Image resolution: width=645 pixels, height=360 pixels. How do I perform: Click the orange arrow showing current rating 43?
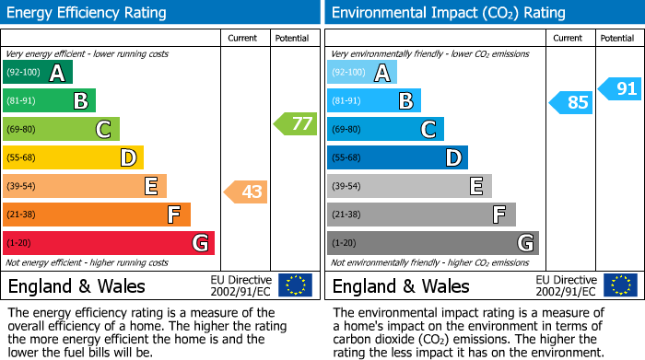[246, 192]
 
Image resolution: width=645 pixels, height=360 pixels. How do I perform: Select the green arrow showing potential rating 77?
[295, 123]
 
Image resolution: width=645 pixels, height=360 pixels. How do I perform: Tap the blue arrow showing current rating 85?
[571, 101]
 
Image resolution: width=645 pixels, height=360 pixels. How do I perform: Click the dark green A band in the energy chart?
[38, 73]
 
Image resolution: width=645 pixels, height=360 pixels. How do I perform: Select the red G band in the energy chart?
[109, 243]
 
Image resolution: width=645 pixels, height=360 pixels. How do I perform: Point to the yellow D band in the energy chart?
[73, 157]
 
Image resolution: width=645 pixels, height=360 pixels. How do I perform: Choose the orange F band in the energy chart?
[97, 215]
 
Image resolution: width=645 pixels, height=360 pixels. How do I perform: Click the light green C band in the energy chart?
[61, 129]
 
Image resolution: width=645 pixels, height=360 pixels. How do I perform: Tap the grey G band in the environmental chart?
[432, 243]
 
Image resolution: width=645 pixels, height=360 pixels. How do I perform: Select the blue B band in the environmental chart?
[373, 101]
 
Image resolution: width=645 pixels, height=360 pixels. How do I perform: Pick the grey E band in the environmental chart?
[408, 186]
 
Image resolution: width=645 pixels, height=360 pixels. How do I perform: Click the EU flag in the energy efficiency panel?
[295, 285]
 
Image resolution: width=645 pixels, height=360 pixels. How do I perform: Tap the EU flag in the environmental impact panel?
[620, 285]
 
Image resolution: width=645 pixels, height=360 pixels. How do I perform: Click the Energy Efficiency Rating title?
[87, 13]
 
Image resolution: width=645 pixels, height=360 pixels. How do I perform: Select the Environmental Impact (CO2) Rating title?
[448, 13]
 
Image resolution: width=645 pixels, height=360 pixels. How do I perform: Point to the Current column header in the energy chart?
[244, 39]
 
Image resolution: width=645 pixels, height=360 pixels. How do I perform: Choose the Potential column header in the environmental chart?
[616, 39]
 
